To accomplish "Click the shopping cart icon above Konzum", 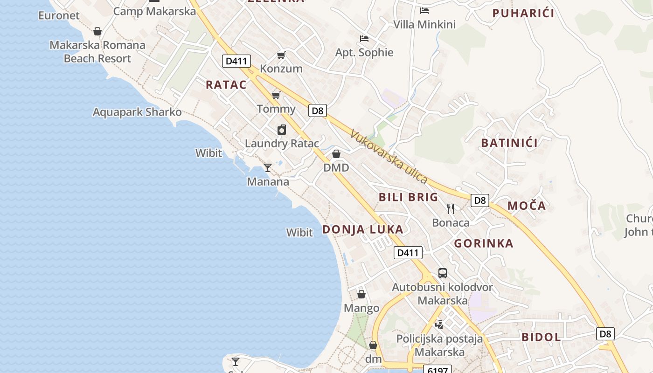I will (x=281, y=55).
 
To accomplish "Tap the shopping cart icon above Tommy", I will (x=276, y=96).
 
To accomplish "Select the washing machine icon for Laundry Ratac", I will (x=282, y=130).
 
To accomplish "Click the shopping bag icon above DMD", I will (x=336, y=154).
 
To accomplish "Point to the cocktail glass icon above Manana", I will (x=268, y=168).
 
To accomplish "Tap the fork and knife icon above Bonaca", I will (x=451, y=208).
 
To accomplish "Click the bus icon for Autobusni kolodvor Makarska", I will (x=443, y=273).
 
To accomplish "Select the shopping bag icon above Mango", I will (x=361, y=294).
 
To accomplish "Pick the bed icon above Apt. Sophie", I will (x=364, y=39).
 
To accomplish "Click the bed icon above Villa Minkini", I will (x=424, y=11).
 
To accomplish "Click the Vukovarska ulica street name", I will (x=389, y=157).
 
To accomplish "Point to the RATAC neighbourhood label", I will (x=226, y=85).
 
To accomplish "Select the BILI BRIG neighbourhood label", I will (x=409, y=197).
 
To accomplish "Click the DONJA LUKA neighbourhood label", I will (x=363, y=229).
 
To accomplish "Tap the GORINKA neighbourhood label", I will (x=484, y=243).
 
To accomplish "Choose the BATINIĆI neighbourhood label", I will (x=509, y=143).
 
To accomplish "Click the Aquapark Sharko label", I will (x=137, y=112).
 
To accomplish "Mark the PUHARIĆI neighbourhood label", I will (x=523, y=13).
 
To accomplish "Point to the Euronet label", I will (x=59, y=15).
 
